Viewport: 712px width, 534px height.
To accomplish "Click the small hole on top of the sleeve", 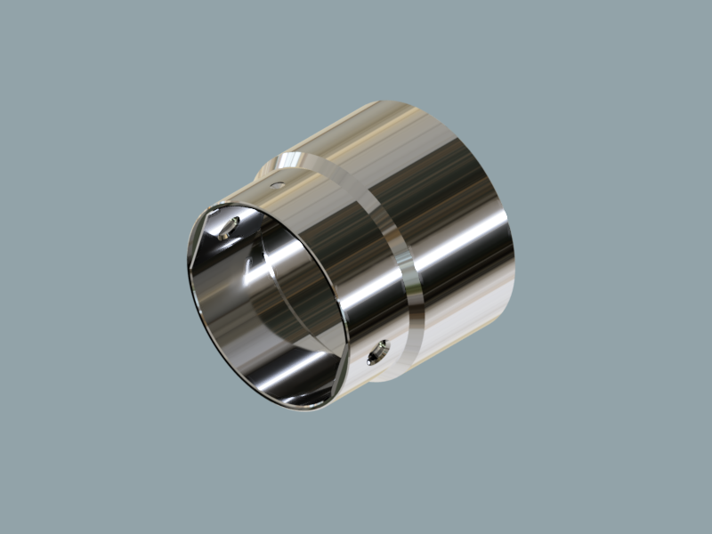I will click(277, 185).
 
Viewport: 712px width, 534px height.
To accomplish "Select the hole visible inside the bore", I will click(229, 226).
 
